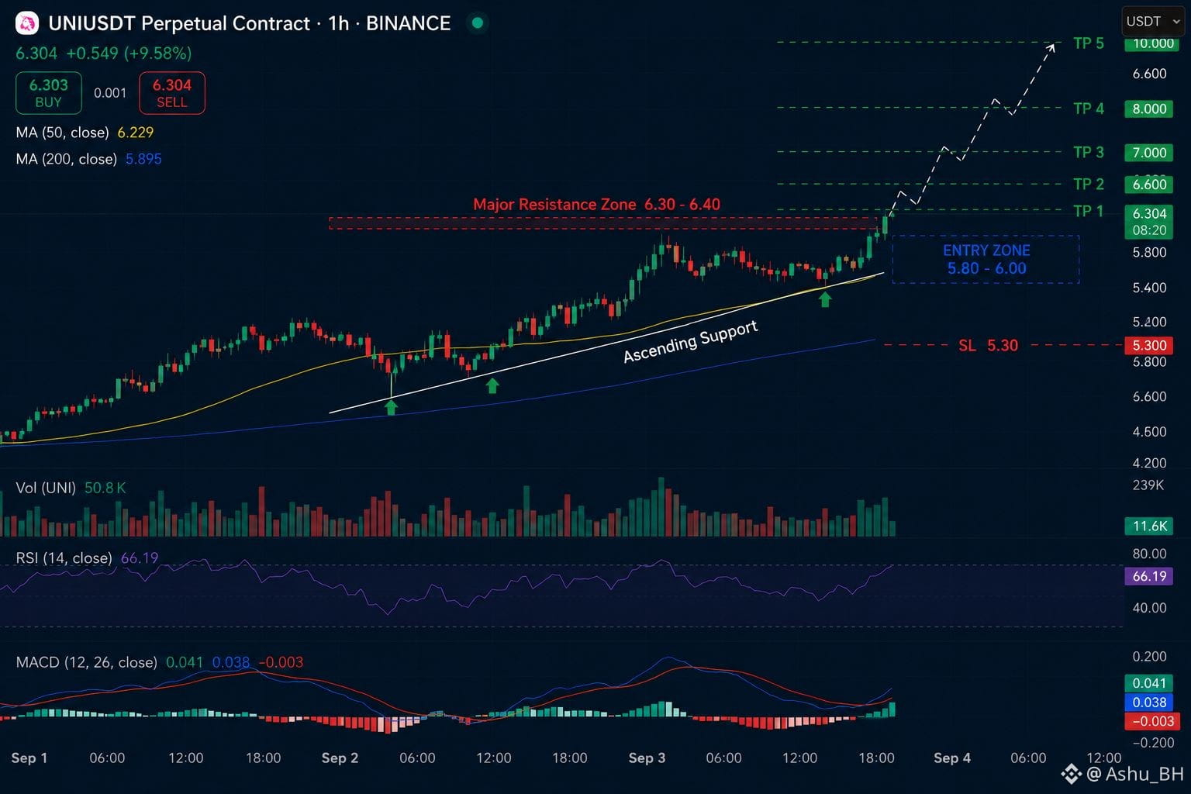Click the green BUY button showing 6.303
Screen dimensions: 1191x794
pos(48,93)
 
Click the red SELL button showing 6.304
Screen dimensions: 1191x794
pos(171,93)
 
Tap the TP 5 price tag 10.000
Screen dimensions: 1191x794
pos(1148,43)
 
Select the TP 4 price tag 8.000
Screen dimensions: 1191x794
pos(1148,109)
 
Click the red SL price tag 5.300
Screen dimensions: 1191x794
pos(1148,345)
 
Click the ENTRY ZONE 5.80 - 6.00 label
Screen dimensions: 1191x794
pos(986,260)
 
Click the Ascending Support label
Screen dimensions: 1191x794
pos(690,341)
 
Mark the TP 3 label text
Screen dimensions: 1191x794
pos(1089,153)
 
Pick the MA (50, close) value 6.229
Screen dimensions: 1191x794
pos(136,133)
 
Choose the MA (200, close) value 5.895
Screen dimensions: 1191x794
pos(143,159)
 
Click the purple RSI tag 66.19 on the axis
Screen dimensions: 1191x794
pos(1148,576)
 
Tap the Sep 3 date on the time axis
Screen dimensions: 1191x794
pos(647,758)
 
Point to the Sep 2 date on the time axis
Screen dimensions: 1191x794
pos(340,758)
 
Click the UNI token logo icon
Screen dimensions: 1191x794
pos(27,23)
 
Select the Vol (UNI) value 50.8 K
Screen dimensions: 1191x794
pos(105,488)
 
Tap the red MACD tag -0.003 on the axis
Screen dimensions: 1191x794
pos(1148,721)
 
